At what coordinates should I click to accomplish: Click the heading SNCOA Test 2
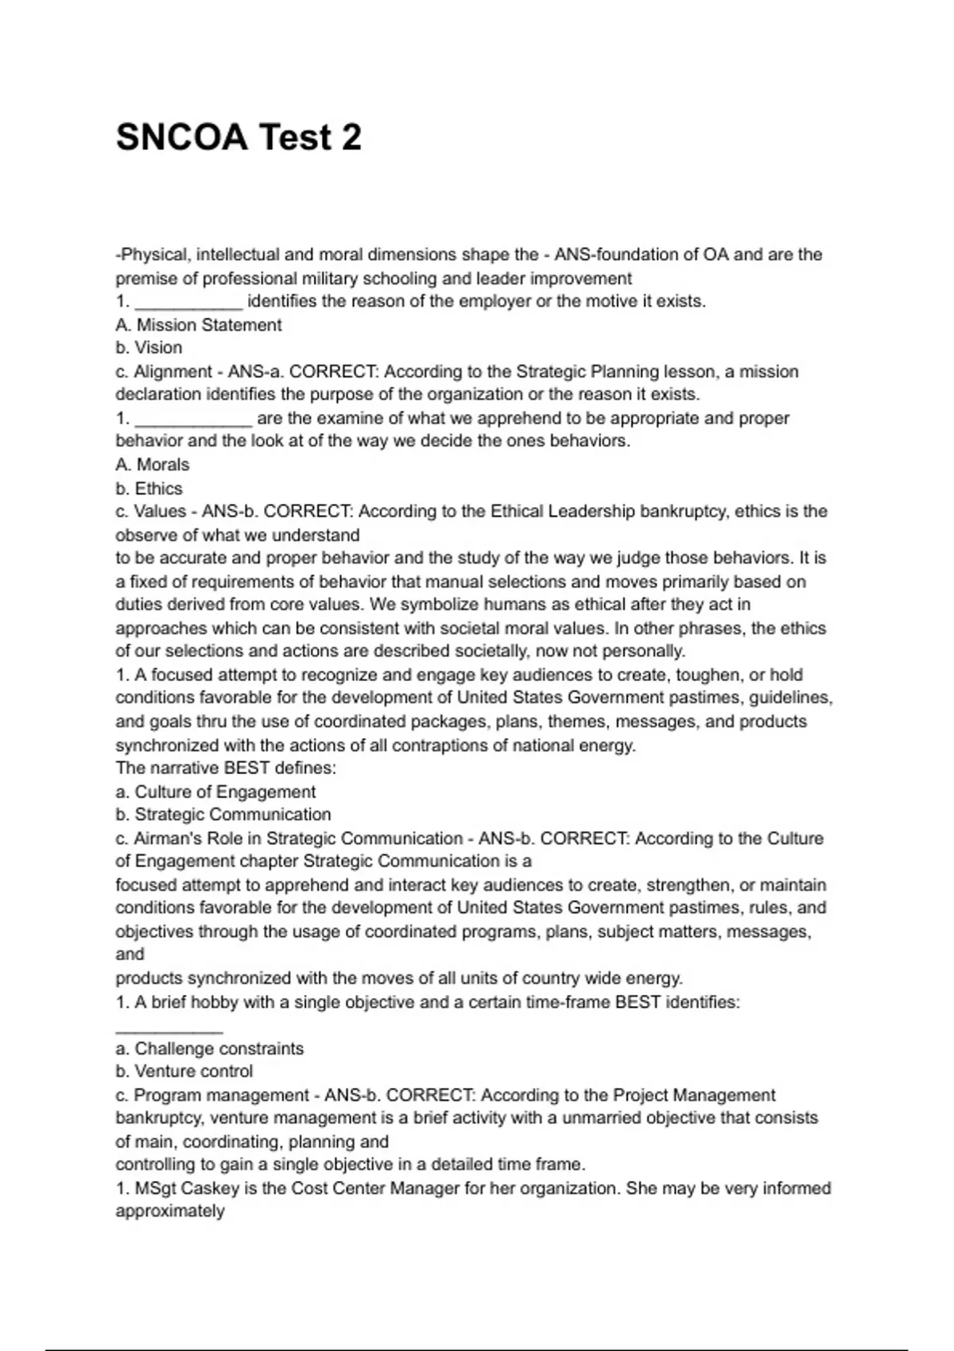238,137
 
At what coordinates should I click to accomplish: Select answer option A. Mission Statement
199,325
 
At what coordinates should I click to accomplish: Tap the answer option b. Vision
149,348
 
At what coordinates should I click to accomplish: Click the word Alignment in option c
173,372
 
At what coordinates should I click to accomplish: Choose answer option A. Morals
153,465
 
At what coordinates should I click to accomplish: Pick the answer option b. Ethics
149,489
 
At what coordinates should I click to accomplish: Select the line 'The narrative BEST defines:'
226,768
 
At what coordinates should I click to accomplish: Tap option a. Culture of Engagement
215,792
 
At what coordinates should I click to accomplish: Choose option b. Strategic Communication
223,815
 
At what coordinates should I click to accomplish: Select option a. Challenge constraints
210,1049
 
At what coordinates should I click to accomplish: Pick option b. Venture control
184,1072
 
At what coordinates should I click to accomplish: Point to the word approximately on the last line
170,1212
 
